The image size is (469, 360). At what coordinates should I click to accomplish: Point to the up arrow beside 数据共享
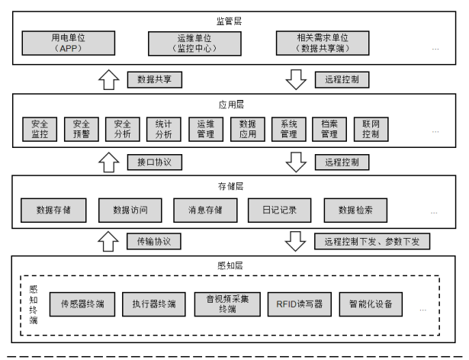(109, 79)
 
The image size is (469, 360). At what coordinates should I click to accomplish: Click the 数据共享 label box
(154, 79)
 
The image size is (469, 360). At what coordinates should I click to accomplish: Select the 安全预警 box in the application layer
(80, 129)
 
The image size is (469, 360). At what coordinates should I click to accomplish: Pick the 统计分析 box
(163, 129)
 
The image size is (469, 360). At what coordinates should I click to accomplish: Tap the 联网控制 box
(371, 129)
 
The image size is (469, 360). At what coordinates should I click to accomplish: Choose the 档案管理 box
(329, 129)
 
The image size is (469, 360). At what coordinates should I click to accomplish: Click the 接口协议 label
(154, 162)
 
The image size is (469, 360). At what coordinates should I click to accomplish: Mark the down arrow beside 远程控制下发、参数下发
(294, 240)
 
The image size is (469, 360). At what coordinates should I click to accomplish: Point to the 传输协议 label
(154, 241)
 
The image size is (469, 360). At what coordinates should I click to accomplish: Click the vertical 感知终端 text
(34, 304)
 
